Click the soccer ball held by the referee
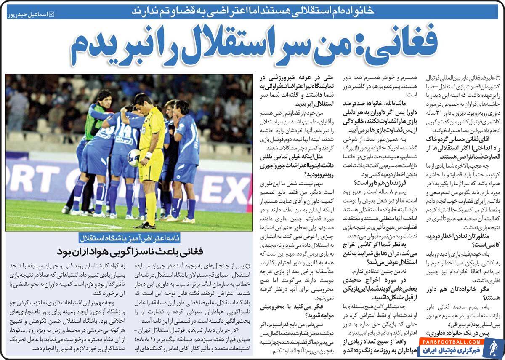pos(134,157)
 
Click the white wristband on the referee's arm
pos(148,155)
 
